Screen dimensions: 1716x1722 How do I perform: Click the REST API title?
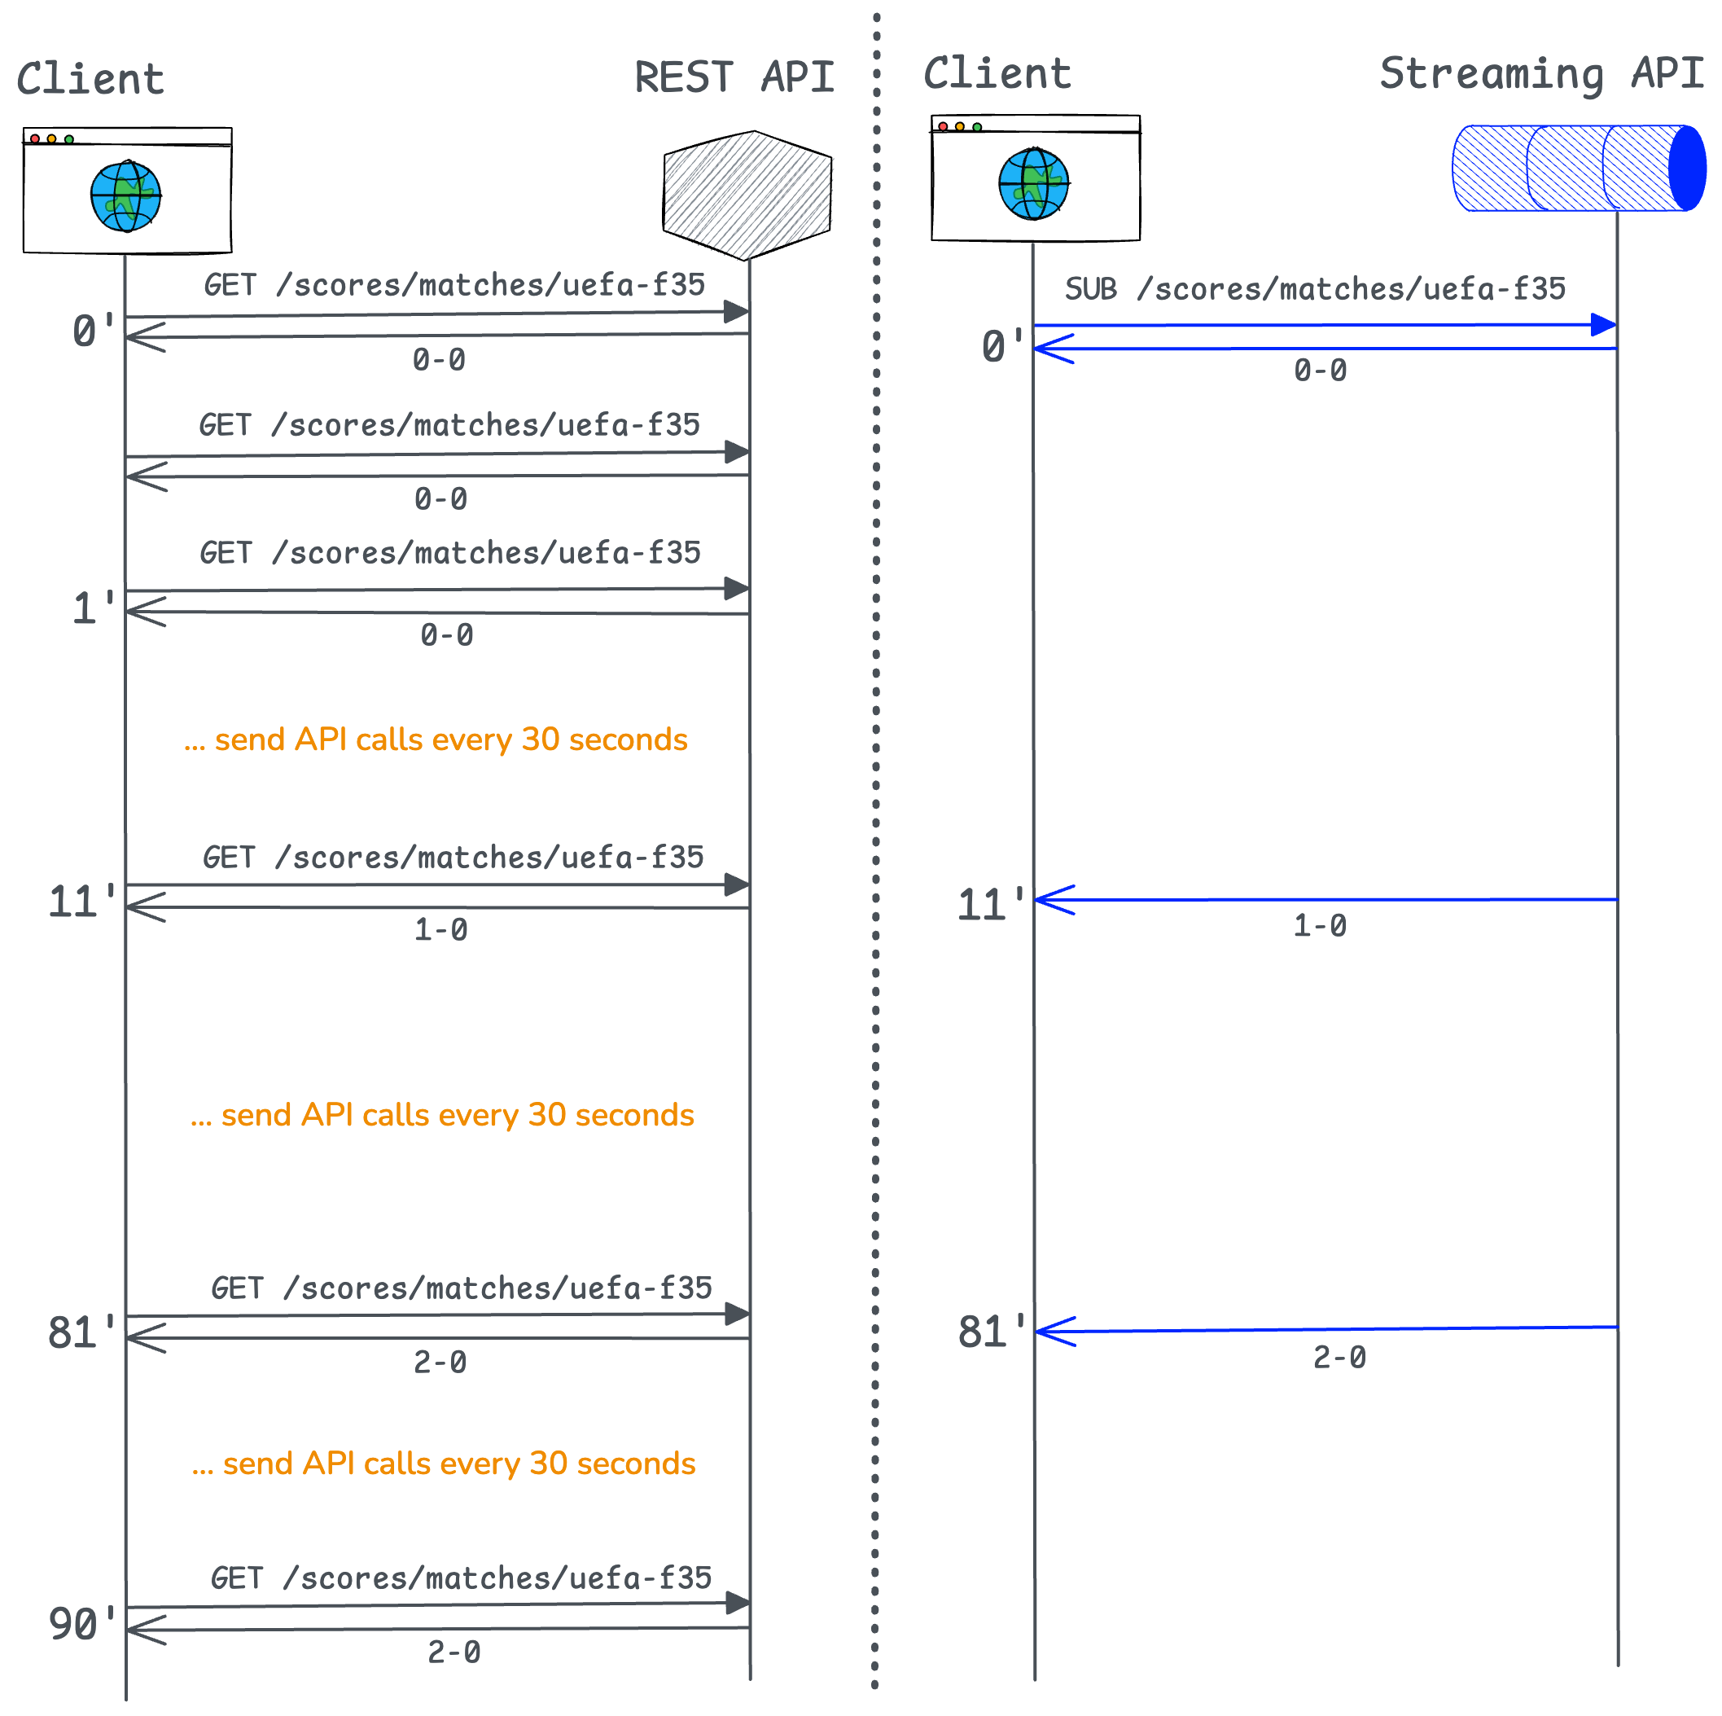click(x=734, y=77)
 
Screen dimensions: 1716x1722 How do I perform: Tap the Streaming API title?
click(x=1541, y=74)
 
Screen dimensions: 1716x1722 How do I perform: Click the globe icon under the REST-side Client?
click(x=125, y=196)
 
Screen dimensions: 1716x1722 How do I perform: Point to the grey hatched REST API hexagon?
click(x=749, y=195)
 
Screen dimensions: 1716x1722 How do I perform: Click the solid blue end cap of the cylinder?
click(x=1687, y=169)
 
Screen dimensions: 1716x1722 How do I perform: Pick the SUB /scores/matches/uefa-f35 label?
click(x=1315, y=289)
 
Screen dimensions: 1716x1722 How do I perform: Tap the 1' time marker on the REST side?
click(x=93, y=609)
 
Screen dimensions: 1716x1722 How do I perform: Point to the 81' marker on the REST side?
click(x=81, y=1332)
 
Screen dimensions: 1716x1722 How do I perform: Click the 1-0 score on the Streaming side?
click(x=1320, y=925)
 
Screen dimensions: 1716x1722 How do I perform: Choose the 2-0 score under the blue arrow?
click(x=1339, y=1357)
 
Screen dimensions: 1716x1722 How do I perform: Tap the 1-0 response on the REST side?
click(x=440, y=930)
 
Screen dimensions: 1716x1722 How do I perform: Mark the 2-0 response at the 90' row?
click(x=454, y=1652)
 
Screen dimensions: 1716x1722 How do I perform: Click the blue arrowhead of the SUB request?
click(x=1602, y=324)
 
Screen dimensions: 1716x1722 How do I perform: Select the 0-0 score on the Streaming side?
click(x=1320, y=370)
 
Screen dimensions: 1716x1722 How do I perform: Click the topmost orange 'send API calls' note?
click(x=435, y=740)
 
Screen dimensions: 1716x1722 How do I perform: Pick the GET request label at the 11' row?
click(x=453, y=858)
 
